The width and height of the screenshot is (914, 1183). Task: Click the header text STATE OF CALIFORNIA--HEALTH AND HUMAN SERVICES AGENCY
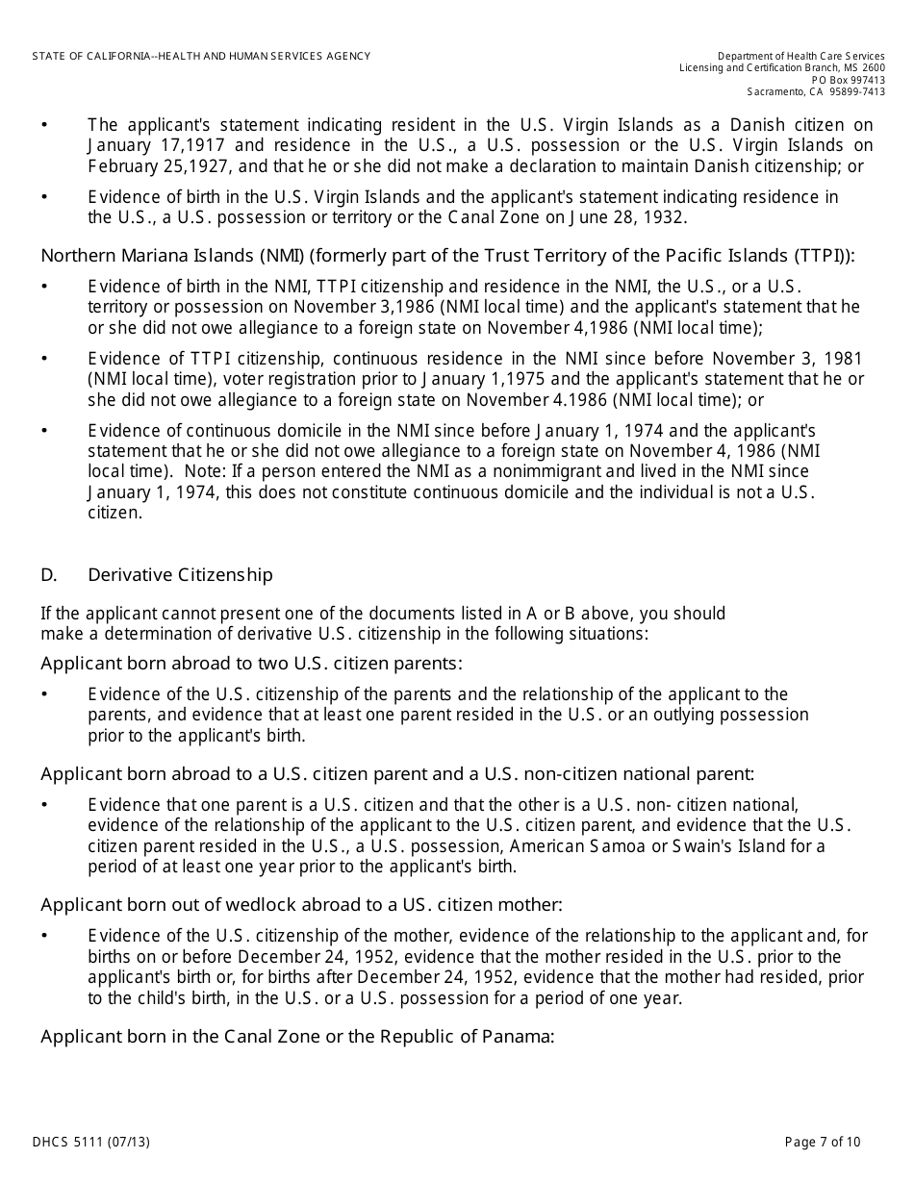pos(201,57)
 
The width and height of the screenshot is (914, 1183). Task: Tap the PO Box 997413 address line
pos(848,80)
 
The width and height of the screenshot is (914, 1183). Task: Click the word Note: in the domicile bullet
pos(228,471)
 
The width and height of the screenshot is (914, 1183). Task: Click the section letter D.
pos(48,575)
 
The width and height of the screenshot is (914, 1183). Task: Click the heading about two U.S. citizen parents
pos(251,664)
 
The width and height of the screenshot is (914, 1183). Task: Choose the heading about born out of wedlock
pos(301,905)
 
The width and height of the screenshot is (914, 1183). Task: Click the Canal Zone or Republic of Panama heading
pos(297,1037)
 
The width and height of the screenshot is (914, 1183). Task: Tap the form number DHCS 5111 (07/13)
pos(91,1143)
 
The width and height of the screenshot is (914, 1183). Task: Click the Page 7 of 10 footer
pos(823,1143)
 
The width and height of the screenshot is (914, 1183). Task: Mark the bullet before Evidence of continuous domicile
pos(44,431)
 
